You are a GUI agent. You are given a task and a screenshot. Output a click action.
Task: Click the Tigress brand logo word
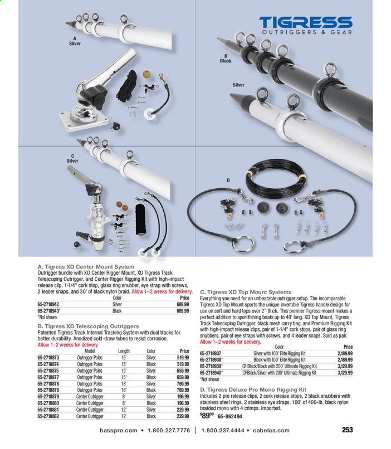click(305, 23)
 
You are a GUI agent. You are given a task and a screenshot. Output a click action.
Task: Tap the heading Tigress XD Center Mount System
click(85, 266)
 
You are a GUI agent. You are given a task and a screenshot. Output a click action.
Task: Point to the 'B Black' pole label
click(225, 58)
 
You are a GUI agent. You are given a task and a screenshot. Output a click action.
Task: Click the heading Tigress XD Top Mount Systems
click(246, 292)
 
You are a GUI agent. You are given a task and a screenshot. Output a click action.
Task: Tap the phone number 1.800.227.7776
click(167, 431)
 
